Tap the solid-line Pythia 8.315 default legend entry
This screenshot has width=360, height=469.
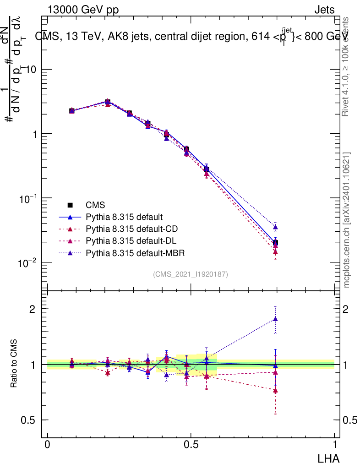(x=124, y=217)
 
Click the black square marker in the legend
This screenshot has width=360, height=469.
(x=70, y=205)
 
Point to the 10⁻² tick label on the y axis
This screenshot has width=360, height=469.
(x=29, y=263)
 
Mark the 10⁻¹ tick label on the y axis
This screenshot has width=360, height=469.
(x=29, y=198)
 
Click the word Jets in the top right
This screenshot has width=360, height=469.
(x=324, y=10)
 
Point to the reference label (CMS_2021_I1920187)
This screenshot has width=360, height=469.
(x=191, y=274)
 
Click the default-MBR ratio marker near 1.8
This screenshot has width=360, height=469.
(x=275, y=319)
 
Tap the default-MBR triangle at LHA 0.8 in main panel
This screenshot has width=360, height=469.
(x=275, y=227)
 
